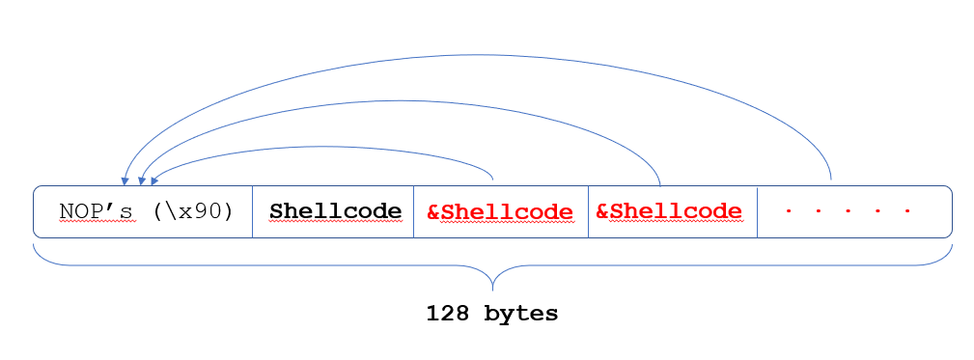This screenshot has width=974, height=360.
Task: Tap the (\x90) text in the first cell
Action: pos(192,211)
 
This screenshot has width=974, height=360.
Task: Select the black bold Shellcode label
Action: pos(335,211)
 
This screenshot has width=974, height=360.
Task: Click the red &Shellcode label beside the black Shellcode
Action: pos(500,211)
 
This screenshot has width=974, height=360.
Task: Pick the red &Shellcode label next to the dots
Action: pos(669,211)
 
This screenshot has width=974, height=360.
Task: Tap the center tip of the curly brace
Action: pos(493,288)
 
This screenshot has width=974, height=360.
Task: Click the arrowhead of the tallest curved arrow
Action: pos(125,180)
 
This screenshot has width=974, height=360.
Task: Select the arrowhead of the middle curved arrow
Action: pos(143,180)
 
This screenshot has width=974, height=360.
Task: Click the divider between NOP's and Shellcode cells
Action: pos(252,211)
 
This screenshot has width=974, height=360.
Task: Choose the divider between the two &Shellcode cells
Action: pos(588,211)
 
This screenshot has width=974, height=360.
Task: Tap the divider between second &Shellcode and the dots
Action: pos(758,211)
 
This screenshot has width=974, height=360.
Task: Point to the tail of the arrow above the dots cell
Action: pos(831,180)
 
